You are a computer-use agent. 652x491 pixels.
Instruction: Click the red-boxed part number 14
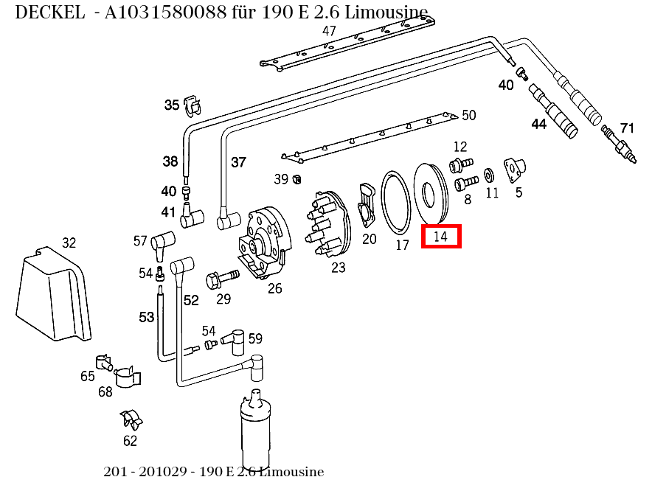click(x=441, y=236)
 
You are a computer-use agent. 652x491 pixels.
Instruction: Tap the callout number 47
click(x=329, y=31)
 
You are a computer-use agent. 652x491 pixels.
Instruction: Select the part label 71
click(x=626, y=128)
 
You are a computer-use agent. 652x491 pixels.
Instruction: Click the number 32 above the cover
click(x=69, y=243)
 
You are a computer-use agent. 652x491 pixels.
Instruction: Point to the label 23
click(x=338, y=268)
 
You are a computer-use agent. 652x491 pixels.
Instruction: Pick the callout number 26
click(x=274, y=288)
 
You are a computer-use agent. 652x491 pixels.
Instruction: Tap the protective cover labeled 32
click(x=53, y=295)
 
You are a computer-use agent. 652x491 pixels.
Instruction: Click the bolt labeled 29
click(x=221, y=279)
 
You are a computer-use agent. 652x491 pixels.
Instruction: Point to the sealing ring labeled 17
click(x=396, y=201)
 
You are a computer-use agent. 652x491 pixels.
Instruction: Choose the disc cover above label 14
click(x=429, y=192)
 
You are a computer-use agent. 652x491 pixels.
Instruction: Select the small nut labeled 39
click(x=296, y=179)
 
